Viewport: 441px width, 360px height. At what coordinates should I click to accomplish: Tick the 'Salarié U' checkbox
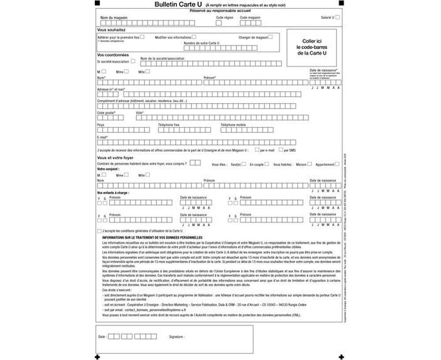337,18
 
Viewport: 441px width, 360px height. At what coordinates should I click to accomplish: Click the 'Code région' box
219,23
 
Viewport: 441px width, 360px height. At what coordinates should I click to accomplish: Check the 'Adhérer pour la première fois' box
142,37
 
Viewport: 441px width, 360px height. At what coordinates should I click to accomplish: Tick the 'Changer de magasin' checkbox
270,37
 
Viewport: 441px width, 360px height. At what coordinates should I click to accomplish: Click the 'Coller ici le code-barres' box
311,47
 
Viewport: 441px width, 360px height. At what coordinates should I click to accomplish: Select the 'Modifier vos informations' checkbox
194,37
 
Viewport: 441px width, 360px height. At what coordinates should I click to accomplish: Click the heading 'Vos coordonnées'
113,55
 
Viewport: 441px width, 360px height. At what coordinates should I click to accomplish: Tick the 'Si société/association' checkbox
133,61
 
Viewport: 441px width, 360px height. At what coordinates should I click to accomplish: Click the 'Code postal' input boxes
110,117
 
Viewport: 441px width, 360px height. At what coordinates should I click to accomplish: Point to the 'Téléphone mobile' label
233,125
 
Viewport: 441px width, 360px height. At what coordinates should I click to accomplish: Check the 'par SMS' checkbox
280,150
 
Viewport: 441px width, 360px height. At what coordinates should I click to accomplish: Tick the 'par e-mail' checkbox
257,150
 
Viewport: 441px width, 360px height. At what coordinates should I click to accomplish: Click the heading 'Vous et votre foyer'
115,157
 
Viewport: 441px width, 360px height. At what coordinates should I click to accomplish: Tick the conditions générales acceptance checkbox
99,231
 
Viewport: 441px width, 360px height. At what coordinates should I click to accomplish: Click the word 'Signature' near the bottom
177,337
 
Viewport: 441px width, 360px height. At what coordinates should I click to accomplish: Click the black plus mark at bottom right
341,356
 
